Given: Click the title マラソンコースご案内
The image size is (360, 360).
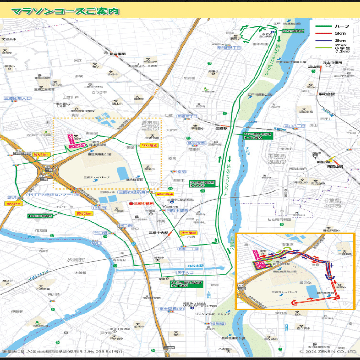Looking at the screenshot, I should [x=65, y=11].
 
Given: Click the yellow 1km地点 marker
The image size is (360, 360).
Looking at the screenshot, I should [x=149, y=145].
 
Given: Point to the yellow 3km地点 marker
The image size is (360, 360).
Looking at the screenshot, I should [x=188, y=233].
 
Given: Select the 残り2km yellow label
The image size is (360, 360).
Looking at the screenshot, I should [x=14, y=204].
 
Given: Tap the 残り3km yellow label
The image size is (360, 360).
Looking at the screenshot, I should [x=84, y=214].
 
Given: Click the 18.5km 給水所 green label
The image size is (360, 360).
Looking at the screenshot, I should [x=40, y=216].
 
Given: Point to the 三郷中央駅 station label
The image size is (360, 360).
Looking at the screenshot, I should [x=158, y=233].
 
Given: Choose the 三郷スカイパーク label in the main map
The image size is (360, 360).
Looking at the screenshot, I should [x=97, y=177].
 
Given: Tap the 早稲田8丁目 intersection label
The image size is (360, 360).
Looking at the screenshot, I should [x=229, y=48].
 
